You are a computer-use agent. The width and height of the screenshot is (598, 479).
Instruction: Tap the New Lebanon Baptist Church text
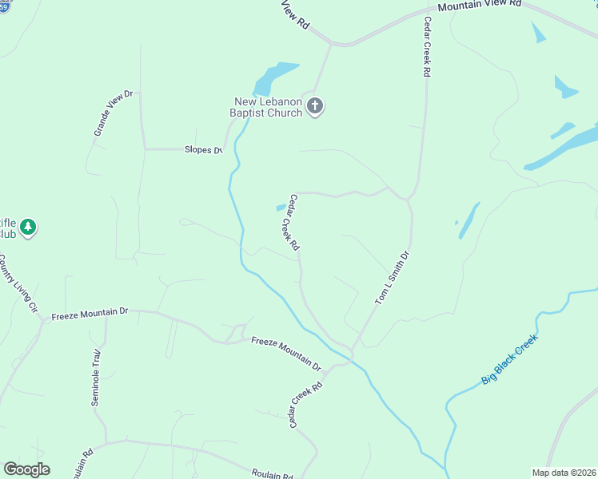(268, 107)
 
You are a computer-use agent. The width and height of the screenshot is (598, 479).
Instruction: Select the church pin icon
(315, 106)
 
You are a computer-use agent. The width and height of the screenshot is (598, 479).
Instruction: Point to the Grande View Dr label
(113, 113)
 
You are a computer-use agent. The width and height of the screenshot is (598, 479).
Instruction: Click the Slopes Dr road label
(203, 150)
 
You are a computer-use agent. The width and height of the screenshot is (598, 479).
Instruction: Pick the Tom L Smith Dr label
(392, 278)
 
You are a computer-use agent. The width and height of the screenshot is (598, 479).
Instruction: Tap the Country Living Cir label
(18, 283)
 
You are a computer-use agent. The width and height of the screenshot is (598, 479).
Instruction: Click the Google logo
(27, 469)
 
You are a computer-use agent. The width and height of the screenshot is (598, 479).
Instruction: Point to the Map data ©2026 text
(563, 472)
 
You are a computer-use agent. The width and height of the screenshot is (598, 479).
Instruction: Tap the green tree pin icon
(28, 228)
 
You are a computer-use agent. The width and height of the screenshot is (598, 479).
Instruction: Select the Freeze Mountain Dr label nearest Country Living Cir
(90, 314)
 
